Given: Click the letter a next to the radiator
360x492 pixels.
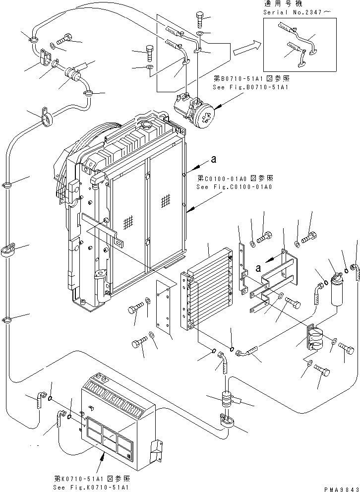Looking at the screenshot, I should [x=213, y=159].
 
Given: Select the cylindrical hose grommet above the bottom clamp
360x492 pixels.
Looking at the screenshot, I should [x=227, y=399].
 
